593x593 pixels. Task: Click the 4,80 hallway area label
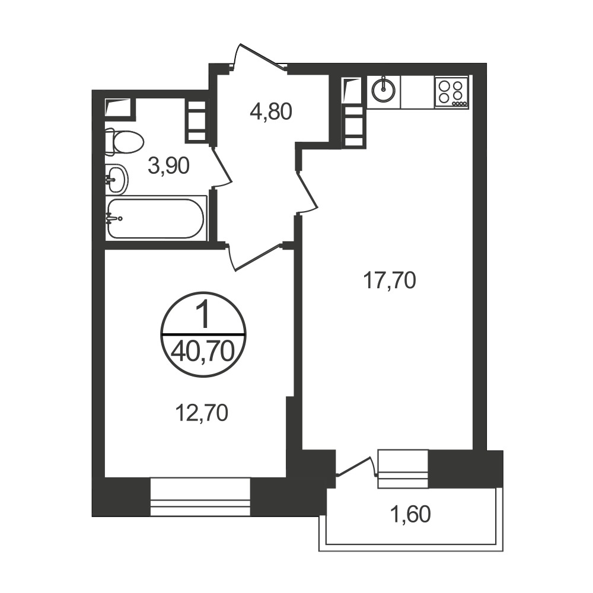click(x=271, y=112)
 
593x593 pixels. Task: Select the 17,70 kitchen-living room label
click(x=390, y=280)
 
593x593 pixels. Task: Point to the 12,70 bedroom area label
click(x=202, y=413)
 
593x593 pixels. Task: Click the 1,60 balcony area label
click(x=410, y=514)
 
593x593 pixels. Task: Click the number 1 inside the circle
click(x=203, y=316)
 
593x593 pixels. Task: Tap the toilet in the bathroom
click(x=125, y=142)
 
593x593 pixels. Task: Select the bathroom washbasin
click(x=117, y=179)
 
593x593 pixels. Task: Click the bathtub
click(x=156, y=218)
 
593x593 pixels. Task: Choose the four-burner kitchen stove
click(x=451, y=92)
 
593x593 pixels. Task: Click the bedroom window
click(x=200, y=497)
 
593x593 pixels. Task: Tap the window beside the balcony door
click(x=403, y=468)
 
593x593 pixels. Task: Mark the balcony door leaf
click(x=353, y=466)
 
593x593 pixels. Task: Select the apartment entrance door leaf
click(x=262, y=57)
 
